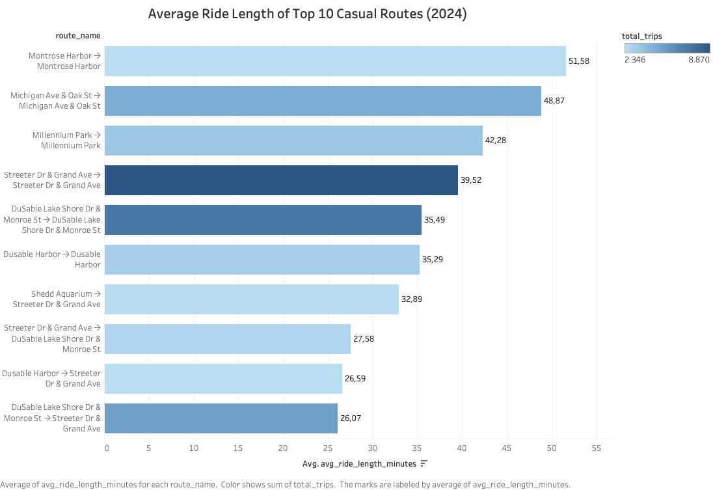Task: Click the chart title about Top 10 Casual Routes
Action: [x=307, y=14]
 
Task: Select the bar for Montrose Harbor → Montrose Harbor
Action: [x=335, y=61]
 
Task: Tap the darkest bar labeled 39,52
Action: [x=281, y=180]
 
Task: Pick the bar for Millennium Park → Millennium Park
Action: [x=293, y=141]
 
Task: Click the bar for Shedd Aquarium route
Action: [x=251, y=299]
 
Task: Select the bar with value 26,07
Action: [x=221, y=418]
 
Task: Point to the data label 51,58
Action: [x=578, y=61]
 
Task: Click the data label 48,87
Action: [x=554, y=101]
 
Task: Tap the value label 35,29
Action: [x=432, y=260]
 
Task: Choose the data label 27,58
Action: [x=363, y=339]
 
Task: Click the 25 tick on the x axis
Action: [x=327, y=448]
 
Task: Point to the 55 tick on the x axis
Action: [x=595, y=448]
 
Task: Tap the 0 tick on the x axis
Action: [x=107, y=448]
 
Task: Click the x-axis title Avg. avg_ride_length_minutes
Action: [x=359, y=464]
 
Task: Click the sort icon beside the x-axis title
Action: [x=424, y=463]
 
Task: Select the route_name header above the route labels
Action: [x=78, y=36]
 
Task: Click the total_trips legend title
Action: [x=641, y=36]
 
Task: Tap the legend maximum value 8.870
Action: [x=699, y=60]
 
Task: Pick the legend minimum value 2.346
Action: [x=635, y=60]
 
